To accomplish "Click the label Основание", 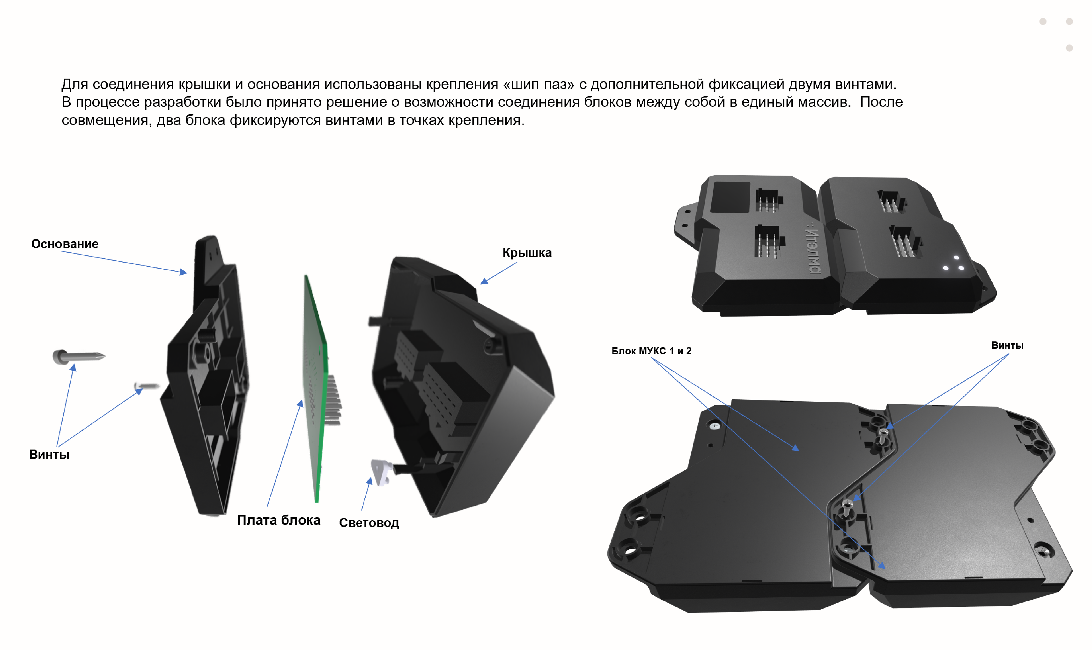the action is (65, 244).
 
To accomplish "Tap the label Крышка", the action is (527, 253).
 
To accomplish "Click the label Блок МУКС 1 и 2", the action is (651, 351).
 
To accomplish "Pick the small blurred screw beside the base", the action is (147, 386).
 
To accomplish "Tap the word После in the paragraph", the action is (881, 102).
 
